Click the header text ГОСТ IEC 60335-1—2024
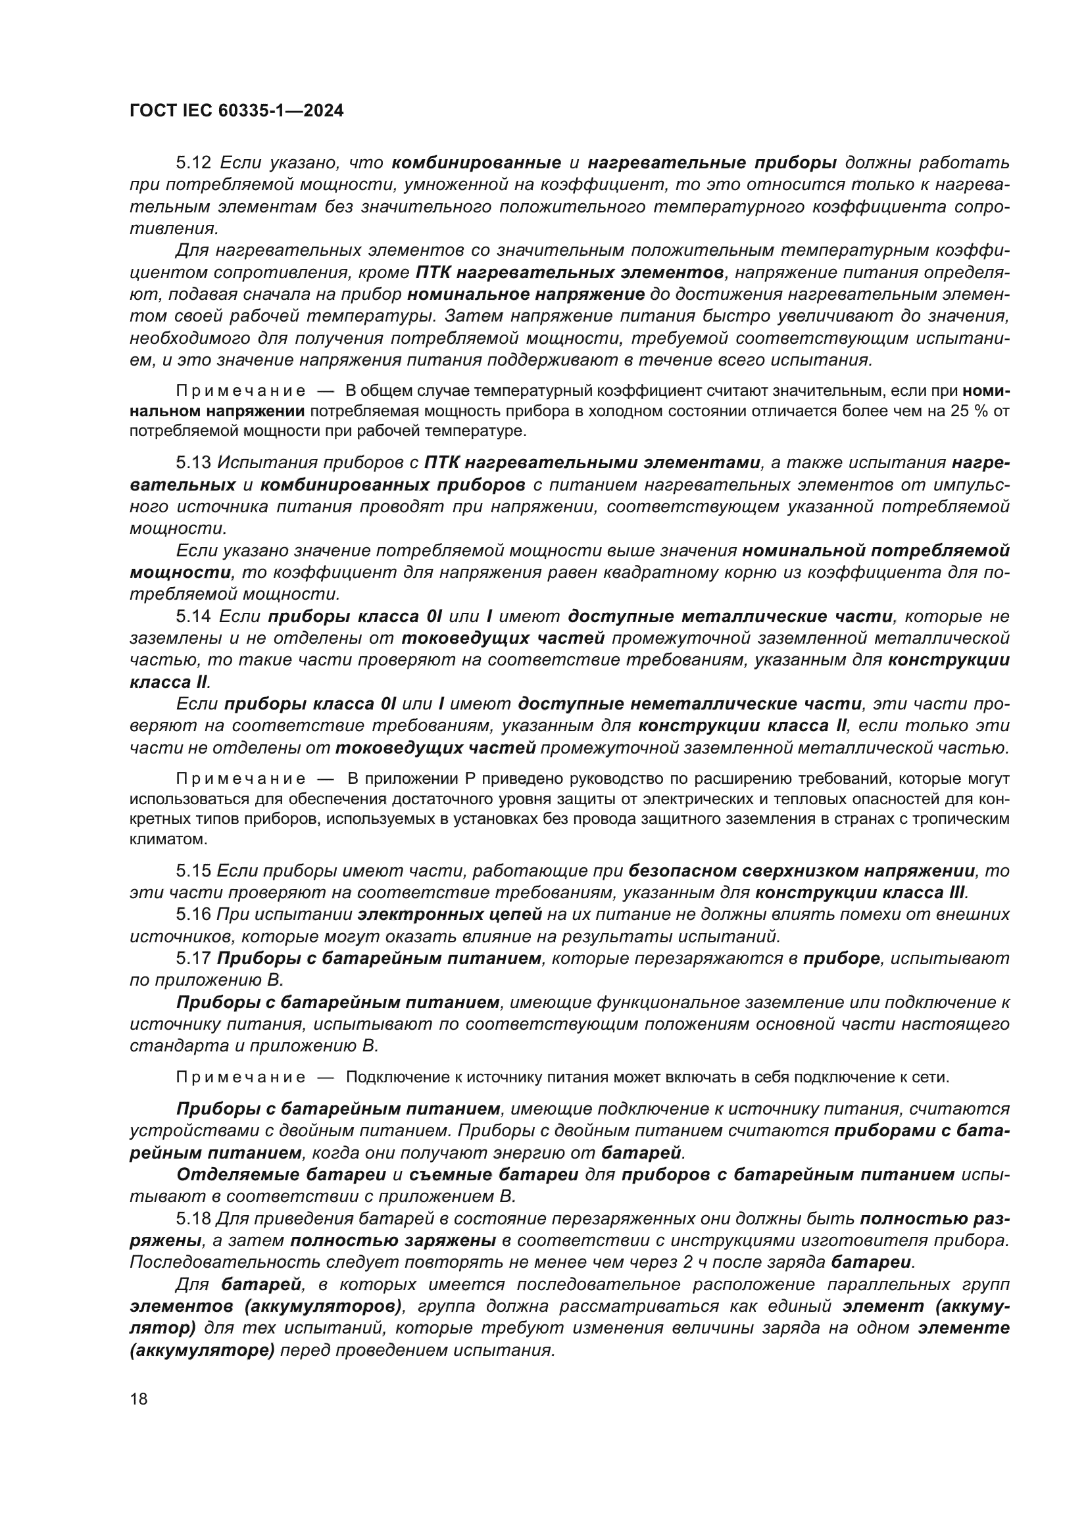pos(236,111)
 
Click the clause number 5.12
pos(193,163)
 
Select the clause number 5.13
pos(193,463)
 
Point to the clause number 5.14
pos(193,616)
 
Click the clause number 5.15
pos(193,871)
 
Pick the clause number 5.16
pos(193,915)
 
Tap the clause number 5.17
pos(193,959)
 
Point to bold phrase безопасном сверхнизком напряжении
pos(801,871)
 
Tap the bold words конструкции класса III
pos(860,893)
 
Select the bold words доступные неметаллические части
pos(690,704)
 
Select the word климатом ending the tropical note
pos(159,839)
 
